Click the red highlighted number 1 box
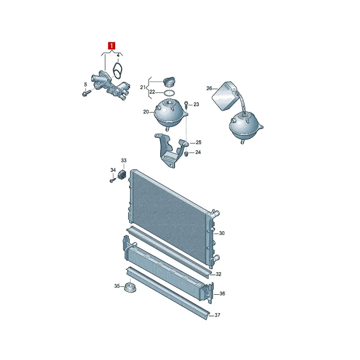coord(112,46)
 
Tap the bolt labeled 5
coord(86,93)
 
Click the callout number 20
coord(146,112)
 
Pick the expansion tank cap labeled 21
coord(169,82)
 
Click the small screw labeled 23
coord(186,106)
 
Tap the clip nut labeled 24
coord(186,153)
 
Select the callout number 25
coord(198,142)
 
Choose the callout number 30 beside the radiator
coord(221,233)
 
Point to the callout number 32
coord(218,274)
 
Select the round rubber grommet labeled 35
coord(130,288)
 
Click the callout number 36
coord(222,294)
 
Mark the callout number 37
coord(217,315)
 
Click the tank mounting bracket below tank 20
coord(171,150)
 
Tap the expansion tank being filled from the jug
coord(245,126)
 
